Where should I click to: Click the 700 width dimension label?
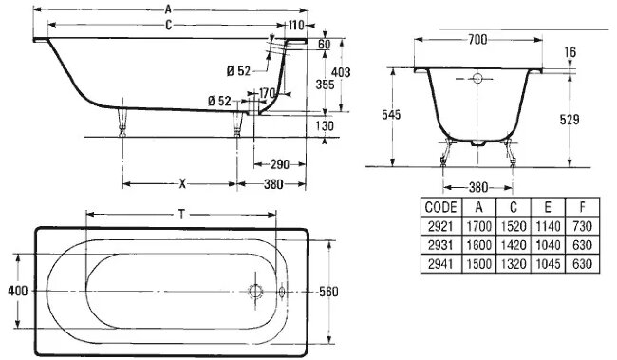[477, 39]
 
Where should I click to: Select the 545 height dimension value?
[391, 115]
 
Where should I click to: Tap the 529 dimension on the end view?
[570, 120]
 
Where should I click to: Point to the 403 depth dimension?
[341, 72]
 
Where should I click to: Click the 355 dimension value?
[325, 85]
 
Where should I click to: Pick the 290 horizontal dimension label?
[280, 164]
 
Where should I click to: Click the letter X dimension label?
[182, 183]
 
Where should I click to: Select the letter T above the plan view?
[181, 215]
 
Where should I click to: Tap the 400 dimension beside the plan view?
[18, 291]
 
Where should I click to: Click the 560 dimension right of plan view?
[328, 292]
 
